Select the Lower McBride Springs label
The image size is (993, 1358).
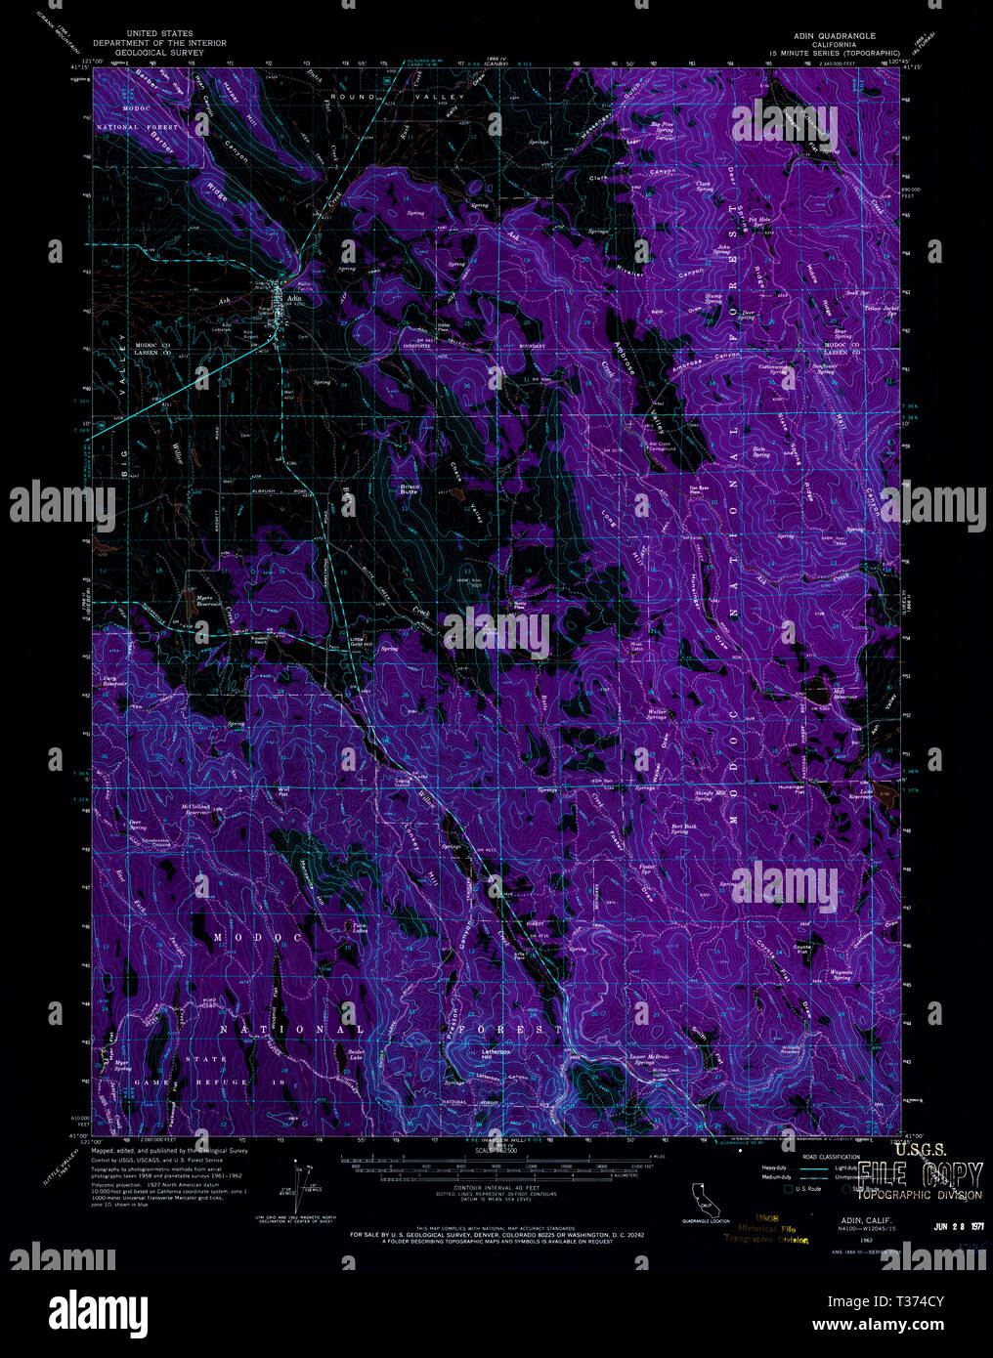tap(648, 1059)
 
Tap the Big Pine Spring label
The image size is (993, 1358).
tap(663, 126)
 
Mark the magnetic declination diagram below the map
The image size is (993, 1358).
tap(298, 1177)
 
